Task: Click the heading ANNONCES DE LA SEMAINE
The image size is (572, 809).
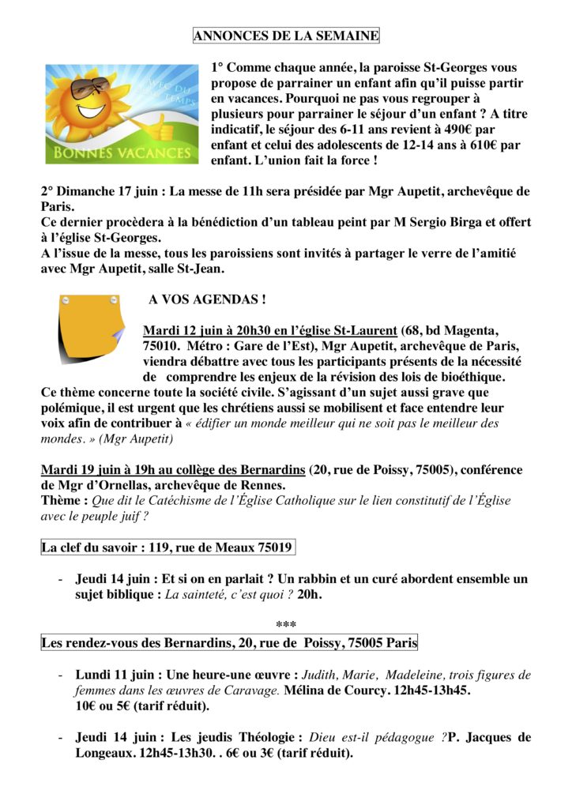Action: pos(286,36)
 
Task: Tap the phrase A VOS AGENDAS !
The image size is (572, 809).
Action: pos(207,299)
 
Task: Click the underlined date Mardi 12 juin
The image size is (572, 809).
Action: pos(182,329)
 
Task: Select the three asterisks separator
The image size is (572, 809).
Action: pos(286,626)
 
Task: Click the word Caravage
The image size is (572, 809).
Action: pos(256,690)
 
